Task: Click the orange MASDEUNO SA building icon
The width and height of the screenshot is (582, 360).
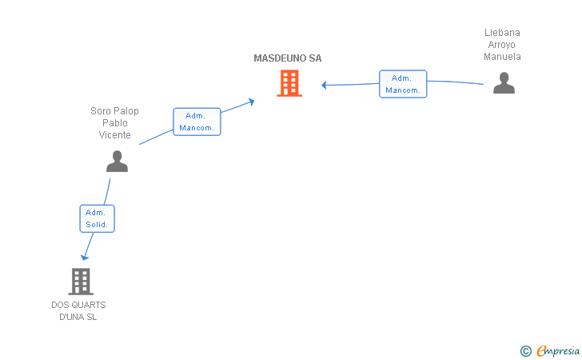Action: [x=289, y=83]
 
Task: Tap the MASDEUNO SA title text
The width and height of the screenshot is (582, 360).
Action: [x=288, y=58]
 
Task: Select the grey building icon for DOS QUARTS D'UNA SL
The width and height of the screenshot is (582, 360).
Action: [x=81, y=282]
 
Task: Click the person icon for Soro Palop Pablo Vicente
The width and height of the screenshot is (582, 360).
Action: [x=117, y=162]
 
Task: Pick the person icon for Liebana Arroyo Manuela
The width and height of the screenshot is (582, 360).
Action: [x=504, y=83]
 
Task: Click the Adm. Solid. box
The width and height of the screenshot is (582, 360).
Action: [x=98, y=218]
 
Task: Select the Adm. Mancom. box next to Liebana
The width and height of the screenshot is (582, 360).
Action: [x=403, y=84]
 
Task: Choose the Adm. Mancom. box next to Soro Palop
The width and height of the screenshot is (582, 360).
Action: [x=197, y=122]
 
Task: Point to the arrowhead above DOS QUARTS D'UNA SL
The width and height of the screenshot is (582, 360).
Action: [x=85, y=257]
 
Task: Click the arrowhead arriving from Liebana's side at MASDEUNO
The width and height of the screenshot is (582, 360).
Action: [x=324, y=85]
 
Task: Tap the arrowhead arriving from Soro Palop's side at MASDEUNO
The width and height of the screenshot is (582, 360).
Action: [x=251, y=102]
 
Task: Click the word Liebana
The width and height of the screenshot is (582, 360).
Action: [x=502, y=33]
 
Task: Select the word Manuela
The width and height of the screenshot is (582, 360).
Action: [x=502, y=57]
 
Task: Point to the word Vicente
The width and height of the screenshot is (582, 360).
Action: [x=114, y=135]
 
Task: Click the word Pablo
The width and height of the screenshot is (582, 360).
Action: [x=114, y=123]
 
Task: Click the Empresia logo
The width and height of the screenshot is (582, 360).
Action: [x=558, y=350]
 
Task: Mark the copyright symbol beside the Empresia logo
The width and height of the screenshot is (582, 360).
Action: [x=526, y=351]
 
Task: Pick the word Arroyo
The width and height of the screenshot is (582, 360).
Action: [x=502, y=45]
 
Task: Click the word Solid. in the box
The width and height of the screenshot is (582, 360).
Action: [x=97, y=224]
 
